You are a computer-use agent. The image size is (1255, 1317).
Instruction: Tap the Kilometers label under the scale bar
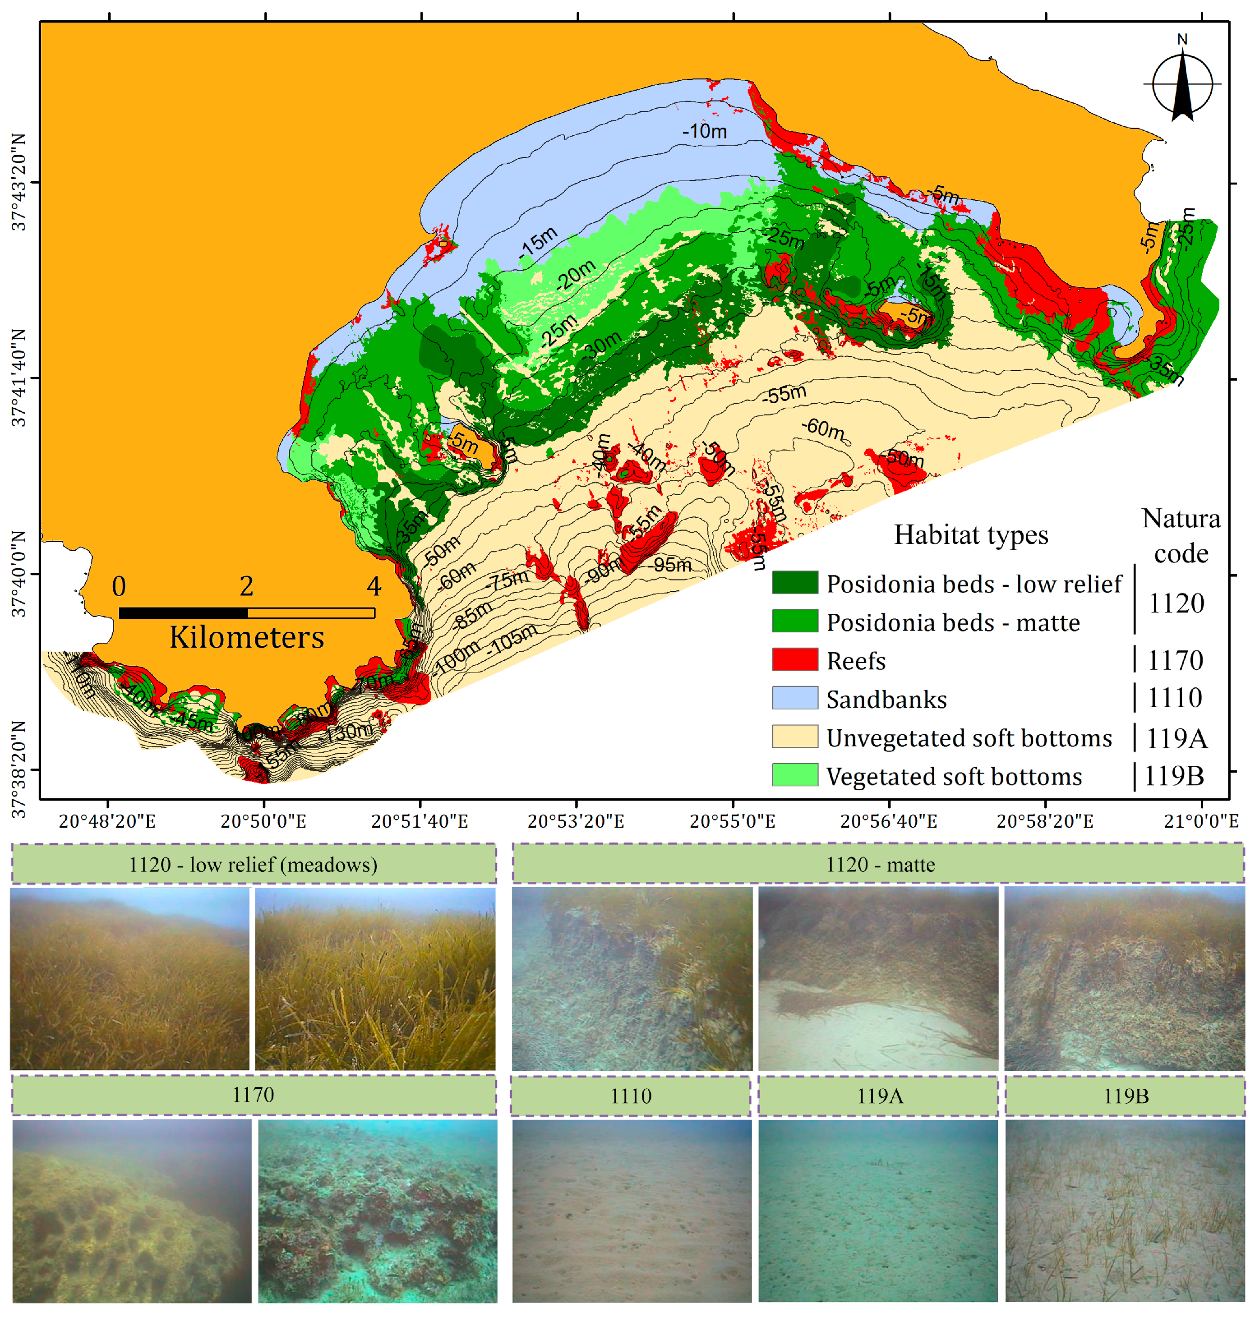246,637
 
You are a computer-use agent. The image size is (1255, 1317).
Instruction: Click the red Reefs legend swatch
795,659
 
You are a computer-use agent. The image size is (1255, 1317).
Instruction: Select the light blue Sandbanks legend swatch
795,698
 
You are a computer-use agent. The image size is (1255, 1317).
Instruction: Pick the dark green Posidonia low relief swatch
795,583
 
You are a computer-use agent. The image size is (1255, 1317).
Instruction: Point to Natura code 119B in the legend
1174,776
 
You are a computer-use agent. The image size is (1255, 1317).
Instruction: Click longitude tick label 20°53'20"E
576,821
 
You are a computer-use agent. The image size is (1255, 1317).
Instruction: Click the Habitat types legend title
971,535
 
